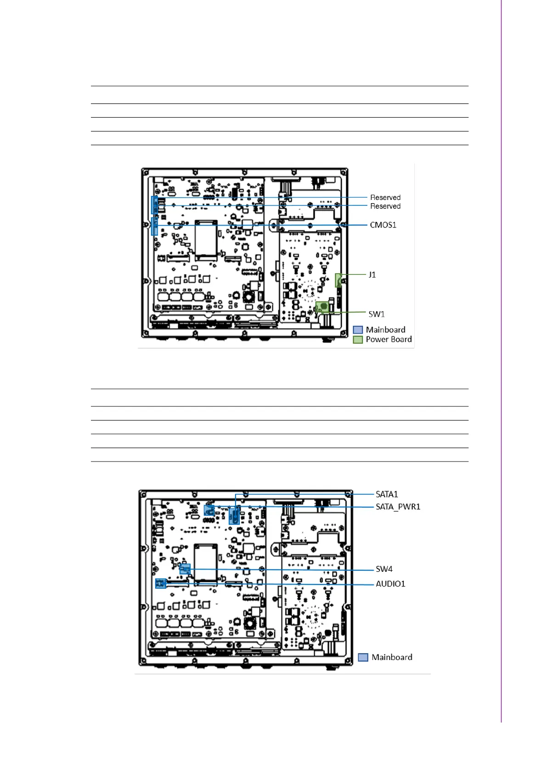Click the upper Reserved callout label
click(385, 197)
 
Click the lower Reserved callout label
click(385, 206)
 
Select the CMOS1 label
click(383, 225)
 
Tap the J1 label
click(372, 275)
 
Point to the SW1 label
click(377, 314)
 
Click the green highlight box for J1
click(338, 280)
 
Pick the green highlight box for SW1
click(322, 307)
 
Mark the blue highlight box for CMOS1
click(154, 227)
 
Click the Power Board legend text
click(389, 339)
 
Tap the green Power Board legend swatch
click(358, 340)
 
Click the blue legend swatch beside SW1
click(358, 330)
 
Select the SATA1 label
click(387, 495)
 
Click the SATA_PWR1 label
click(398, 507)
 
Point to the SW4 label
click(384, 569)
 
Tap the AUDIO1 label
click(390, 584)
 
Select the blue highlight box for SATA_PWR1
click(209, 510)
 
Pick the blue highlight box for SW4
click(185, 569)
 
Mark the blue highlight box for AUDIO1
click(161, 584)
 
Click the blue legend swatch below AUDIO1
click(363, 657)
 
